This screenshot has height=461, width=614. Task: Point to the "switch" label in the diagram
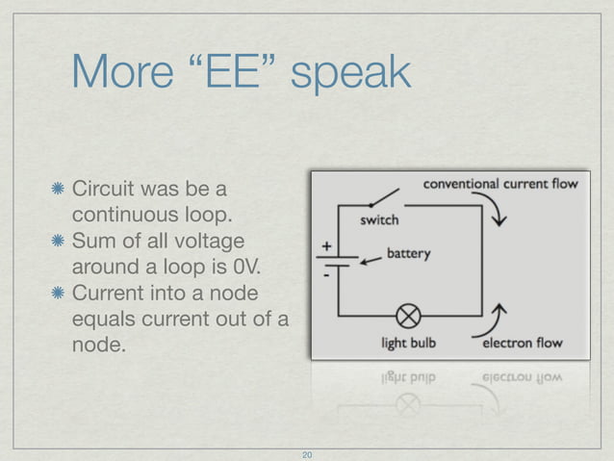pos(379,219)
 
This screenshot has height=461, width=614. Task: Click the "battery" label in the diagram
pos(408,255)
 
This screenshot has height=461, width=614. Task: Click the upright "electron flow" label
pos(522,342)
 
